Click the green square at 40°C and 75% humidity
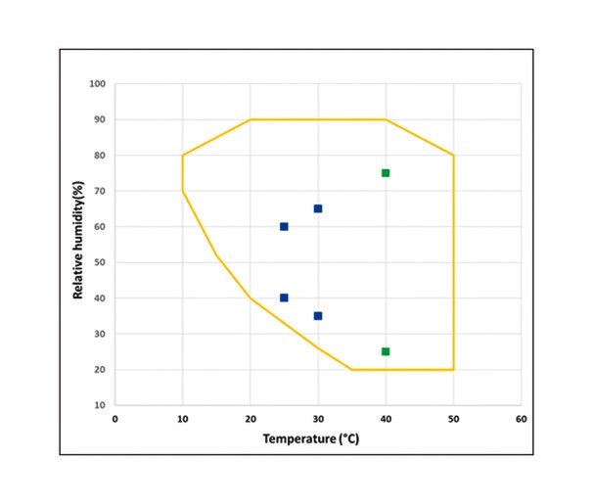pos(386,173)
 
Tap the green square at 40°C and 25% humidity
pos(386,351)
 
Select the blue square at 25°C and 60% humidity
pos(284,226)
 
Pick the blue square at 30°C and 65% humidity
pos(318,208)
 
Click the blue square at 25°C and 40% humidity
pos(284,298)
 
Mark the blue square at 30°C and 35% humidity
pos(318,316)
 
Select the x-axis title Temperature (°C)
pos(317,437)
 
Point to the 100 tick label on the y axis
pos(97,84)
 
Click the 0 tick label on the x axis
pos(114,419)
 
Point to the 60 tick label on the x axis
pos(521,419)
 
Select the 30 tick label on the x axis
pos(318,419)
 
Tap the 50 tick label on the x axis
pos(453,419)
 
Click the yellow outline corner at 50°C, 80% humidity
pos(453,155)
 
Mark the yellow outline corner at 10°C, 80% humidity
pos(183,155)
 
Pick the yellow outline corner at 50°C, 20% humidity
pos(453,369)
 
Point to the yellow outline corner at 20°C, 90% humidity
pos(251,119)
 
